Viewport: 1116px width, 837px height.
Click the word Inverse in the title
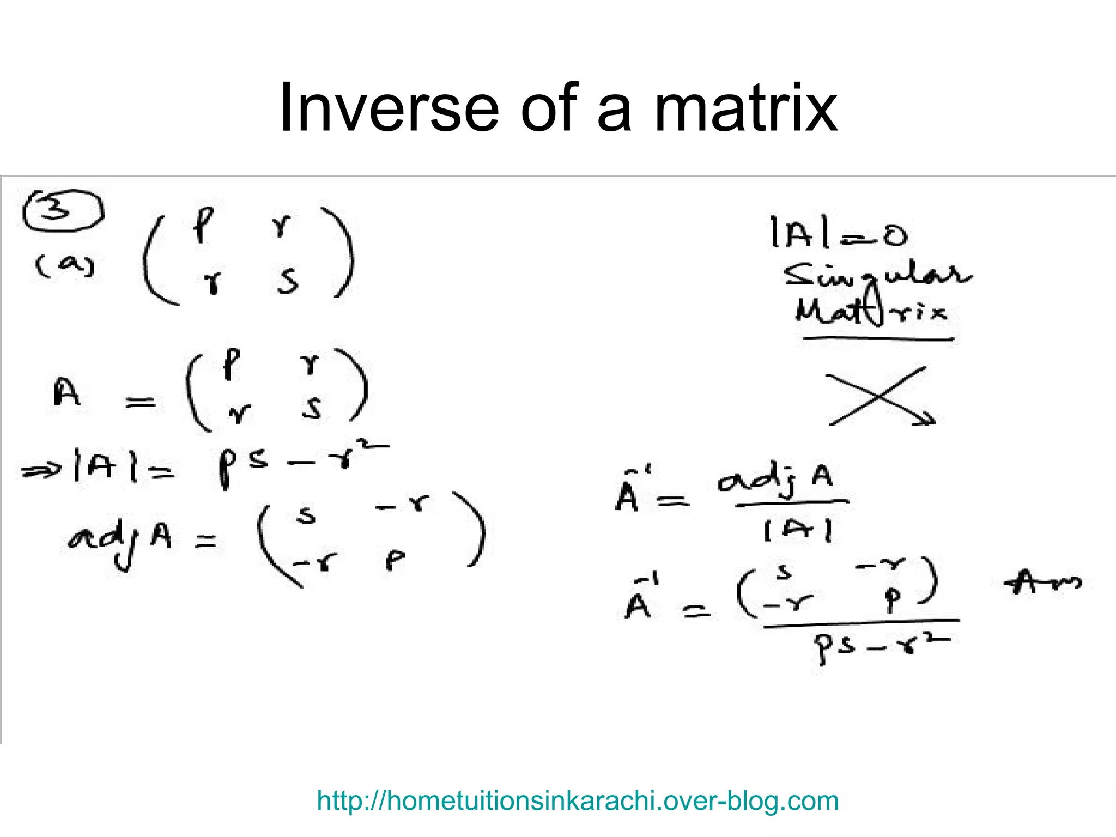tap(389, 107)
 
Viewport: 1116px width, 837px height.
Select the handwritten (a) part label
tap(65, 266)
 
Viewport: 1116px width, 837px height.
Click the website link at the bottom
tap(577, 800)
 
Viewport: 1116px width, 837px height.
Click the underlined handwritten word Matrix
tap(871, 312)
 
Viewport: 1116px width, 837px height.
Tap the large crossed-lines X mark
tap(878, 396)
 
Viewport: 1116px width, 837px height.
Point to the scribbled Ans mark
tap(1042, 582)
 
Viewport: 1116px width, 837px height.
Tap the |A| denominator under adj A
tap(798, 530)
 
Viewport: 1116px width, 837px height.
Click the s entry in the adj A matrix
tap(306, 514)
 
